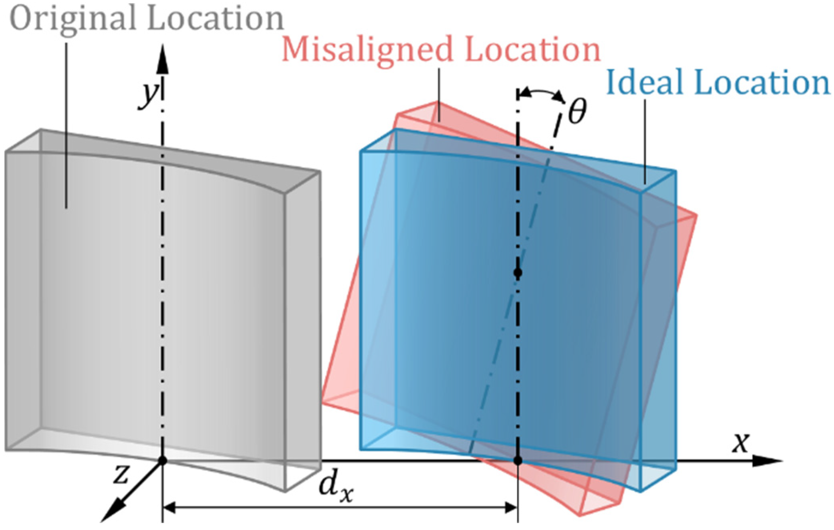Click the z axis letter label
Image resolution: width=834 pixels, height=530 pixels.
(x=121, y=474)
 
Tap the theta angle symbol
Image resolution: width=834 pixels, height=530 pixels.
(x=577, y=111)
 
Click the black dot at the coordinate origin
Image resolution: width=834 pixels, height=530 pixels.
(x=162, y=461)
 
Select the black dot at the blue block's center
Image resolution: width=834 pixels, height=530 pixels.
(x=517, y=273)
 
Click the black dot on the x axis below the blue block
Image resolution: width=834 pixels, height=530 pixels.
(x=517, y=461)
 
